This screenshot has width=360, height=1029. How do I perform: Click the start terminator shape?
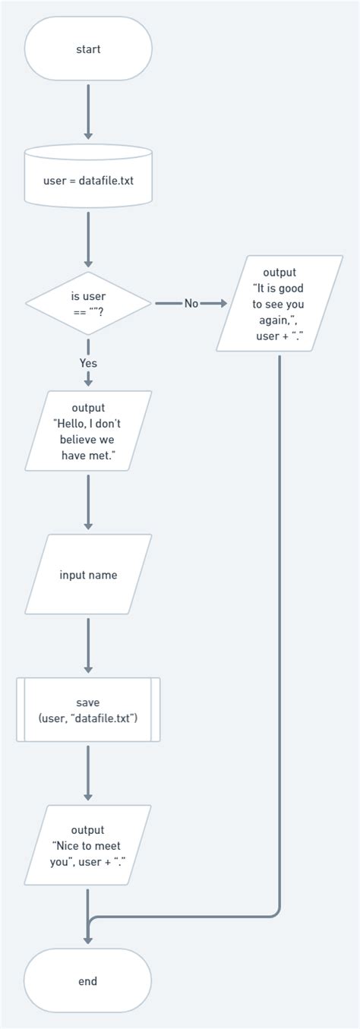(88, 49)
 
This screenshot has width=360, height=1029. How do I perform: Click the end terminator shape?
(88, 981)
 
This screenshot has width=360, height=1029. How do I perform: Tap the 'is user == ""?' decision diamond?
(88, 303)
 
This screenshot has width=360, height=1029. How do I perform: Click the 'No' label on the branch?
(191, 303)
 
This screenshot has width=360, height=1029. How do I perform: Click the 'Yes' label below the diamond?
(88, 363)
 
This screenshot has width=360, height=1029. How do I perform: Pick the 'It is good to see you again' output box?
(279, 304)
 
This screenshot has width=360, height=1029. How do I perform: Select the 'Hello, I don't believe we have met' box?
(88, 431)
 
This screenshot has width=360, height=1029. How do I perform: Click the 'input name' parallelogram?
(88, 575)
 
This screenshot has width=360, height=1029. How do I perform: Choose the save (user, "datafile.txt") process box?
(88, 710)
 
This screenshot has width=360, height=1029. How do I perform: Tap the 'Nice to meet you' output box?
(88, 844)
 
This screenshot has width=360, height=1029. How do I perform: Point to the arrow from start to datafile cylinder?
(88, 111)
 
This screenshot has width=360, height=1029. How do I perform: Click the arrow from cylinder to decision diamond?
(88, 239)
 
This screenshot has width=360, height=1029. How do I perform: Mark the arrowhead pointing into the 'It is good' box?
(223, 303)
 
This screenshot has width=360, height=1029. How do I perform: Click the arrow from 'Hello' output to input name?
(88, 501)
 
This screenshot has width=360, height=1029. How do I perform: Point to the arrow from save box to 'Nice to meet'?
(88, 772)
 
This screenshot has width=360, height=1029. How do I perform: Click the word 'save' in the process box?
(88, 702)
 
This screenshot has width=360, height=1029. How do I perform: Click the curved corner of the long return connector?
(276, 914)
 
